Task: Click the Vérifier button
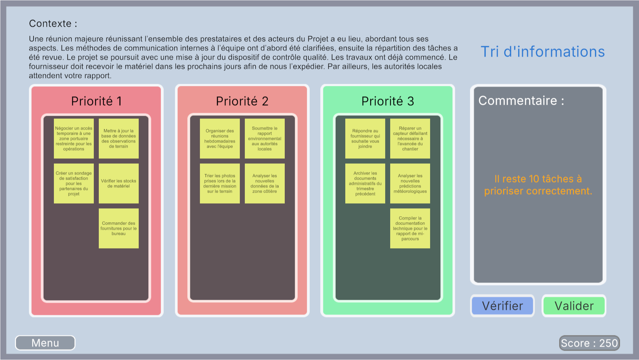pos(502,306)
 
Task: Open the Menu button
pos(45,343)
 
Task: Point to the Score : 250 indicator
pos(589,343)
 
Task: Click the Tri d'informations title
pos(543,52)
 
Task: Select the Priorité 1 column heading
pos(96,101)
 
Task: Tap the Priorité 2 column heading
pos(242,101)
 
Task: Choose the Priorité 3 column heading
pos(388,101)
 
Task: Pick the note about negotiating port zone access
pos(74,138)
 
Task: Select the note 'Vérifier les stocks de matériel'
pos(119,183)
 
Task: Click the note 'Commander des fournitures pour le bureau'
pos(119,228)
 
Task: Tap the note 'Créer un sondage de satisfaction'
pos(74,183)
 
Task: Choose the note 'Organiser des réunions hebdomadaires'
pos(220,138)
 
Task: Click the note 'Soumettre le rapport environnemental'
pos(265,138)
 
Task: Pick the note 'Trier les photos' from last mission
pos(220,183)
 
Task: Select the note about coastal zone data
pos(265,183)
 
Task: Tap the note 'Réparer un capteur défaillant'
pos(410,138)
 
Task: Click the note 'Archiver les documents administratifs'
pos(365,183)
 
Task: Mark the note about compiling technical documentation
pos(410,228)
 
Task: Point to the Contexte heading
pos(53,24)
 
